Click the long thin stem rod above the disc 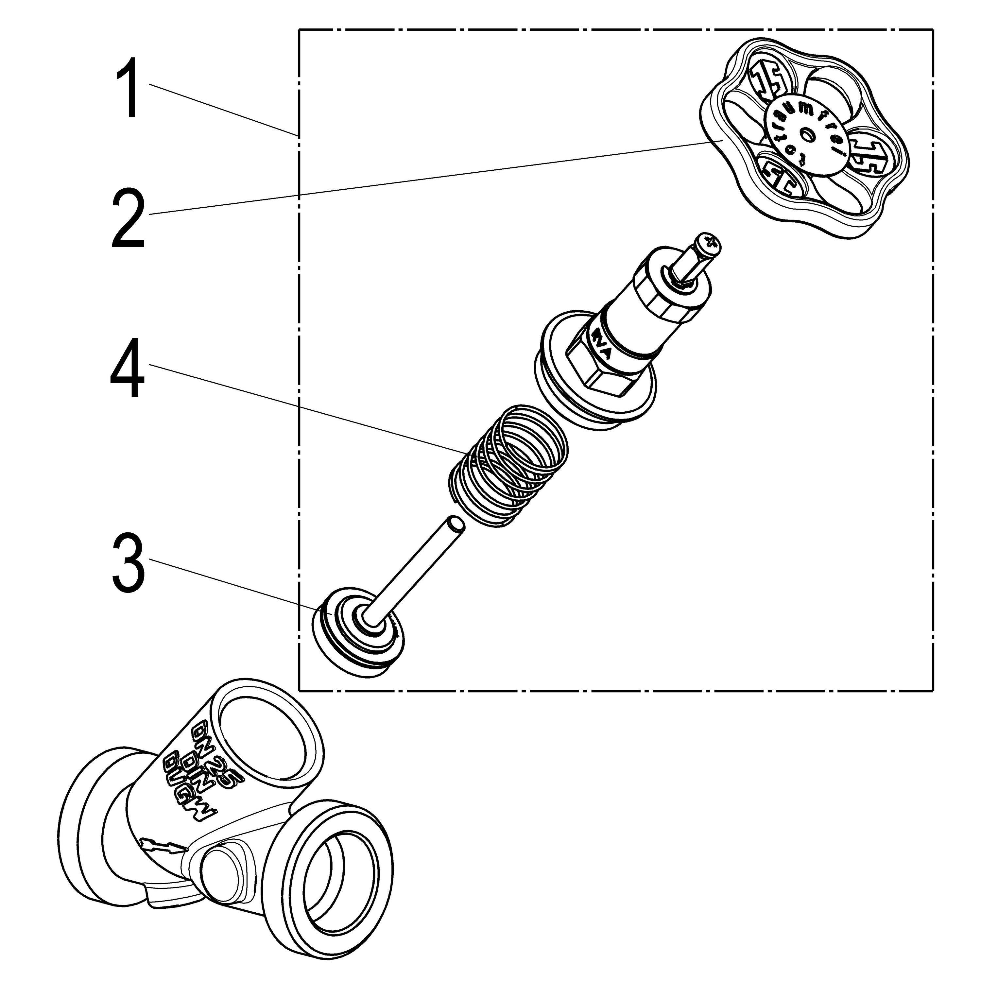pos(422,569)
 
